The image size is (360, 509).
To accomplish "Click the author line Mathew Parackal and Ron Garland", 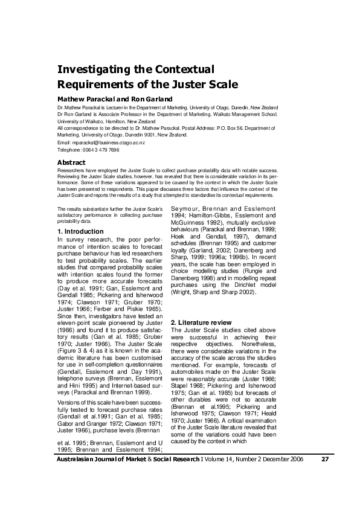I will click(115, 99).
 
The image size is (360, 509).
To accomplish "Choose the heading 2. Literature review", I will click(205, 322).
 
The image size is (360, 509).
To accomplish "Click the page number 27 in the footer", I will click(324, 476).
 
